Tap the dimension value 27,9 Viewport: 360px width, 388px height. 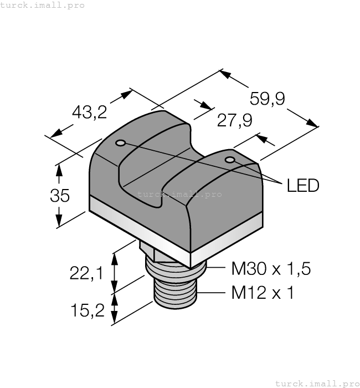(234, 120)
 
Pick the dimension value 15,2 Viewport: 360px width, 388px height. (88, 310)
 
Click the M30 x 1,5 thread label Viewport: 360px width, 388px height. (270, 269)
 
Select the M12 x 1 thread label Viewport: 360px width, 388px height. (262, 293)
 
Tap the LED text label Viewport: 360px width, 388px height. (303, 186)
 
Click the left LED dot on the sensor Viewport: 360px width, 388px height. (120, 144)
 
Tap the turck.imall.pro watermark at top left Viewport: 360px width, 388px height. (43, 5)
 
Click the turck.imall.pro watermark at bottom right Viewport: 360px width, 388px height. (317, 383)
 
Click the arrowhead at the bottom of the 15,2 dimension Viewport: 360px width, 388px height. (115, 320)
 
